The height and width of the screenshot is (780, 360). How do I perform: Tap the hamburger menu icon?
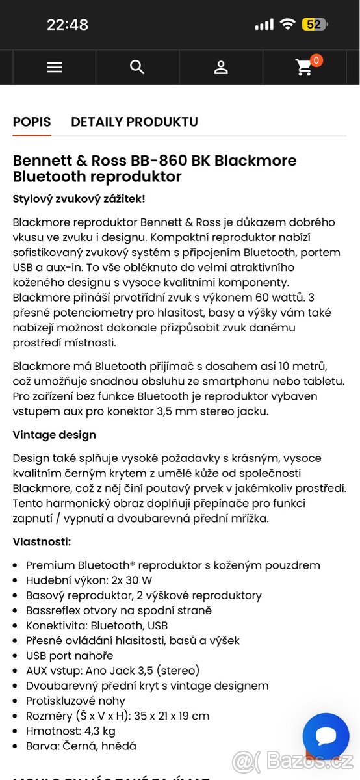coord(55,67)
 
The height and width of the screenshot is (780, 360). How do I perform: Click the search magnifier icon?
coord(137,67)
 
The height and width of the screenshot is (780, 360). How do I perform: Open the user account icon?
coord(221,67)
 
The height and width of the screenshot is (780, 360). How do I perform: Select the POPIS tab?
coord(32,122)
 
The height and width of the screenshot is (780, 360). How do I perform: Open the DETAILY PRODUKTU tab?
coord(135,122)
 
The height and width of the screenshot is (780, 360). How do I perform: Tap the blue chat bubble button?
coord(326,736)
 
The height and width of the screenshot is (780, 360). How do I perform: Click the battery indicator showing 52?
coord(315,25)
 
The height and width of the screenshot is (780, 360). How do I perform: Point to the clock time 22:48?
coord(68,25)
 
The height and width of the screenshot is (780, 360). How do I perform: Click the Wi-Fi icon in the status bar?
coord(287,25)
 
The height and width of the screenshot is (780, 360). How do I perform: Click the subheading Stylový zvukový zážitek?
coord(79,199)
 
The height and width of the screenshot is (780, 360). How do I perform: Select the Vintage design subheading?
coord(55,435)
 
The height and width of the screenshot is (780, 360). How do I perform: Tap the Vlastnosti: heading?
coord(42,541)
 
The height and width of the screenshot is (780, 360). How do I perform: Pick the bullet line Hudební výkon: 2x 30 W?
coord(89,580)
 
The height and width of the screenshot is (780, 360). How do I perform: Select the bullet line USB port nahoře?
coord(70,655)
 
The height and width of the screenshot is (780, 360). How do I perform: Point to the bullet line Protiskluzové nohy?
coord(75,701)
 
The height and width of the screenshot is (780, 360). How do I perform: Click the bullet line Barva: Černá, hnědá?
coord(81,746)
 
